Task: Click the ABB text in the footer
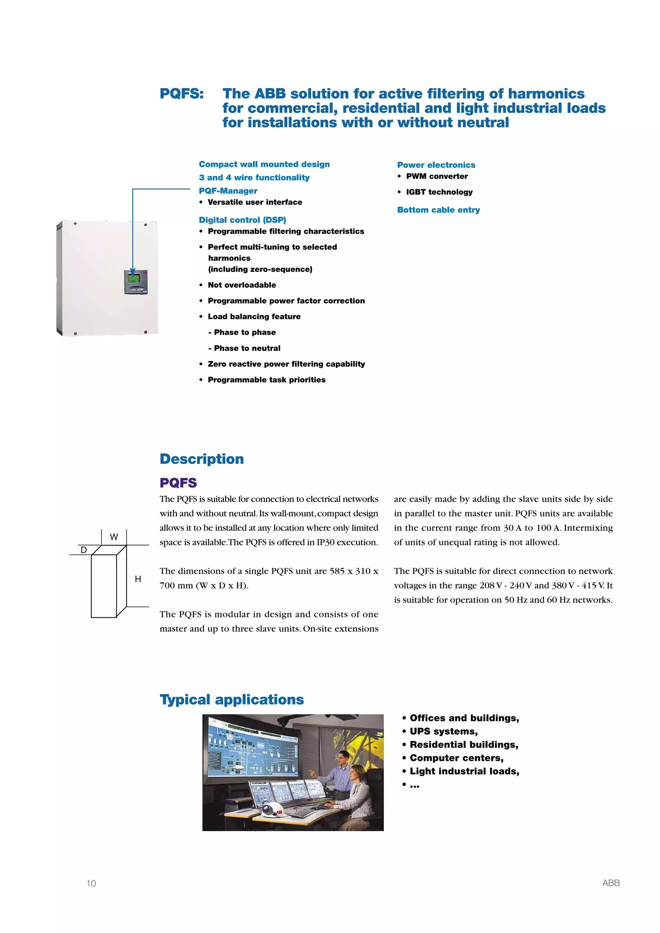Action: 611,883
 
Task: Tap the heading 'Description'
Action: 201,459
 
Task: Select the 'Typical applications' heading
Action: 232,699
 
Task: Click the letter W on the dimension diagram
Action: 114,537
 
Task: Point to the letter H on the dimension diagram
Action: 138,579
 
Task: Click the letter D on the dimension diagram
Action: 84,550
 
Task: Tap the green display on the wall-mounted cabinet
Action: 133,279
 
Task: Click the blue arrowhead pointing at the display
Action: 132,272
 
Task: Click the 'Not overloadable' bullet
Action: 242,285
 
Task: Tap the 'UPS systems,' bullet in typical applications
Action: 443,731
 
